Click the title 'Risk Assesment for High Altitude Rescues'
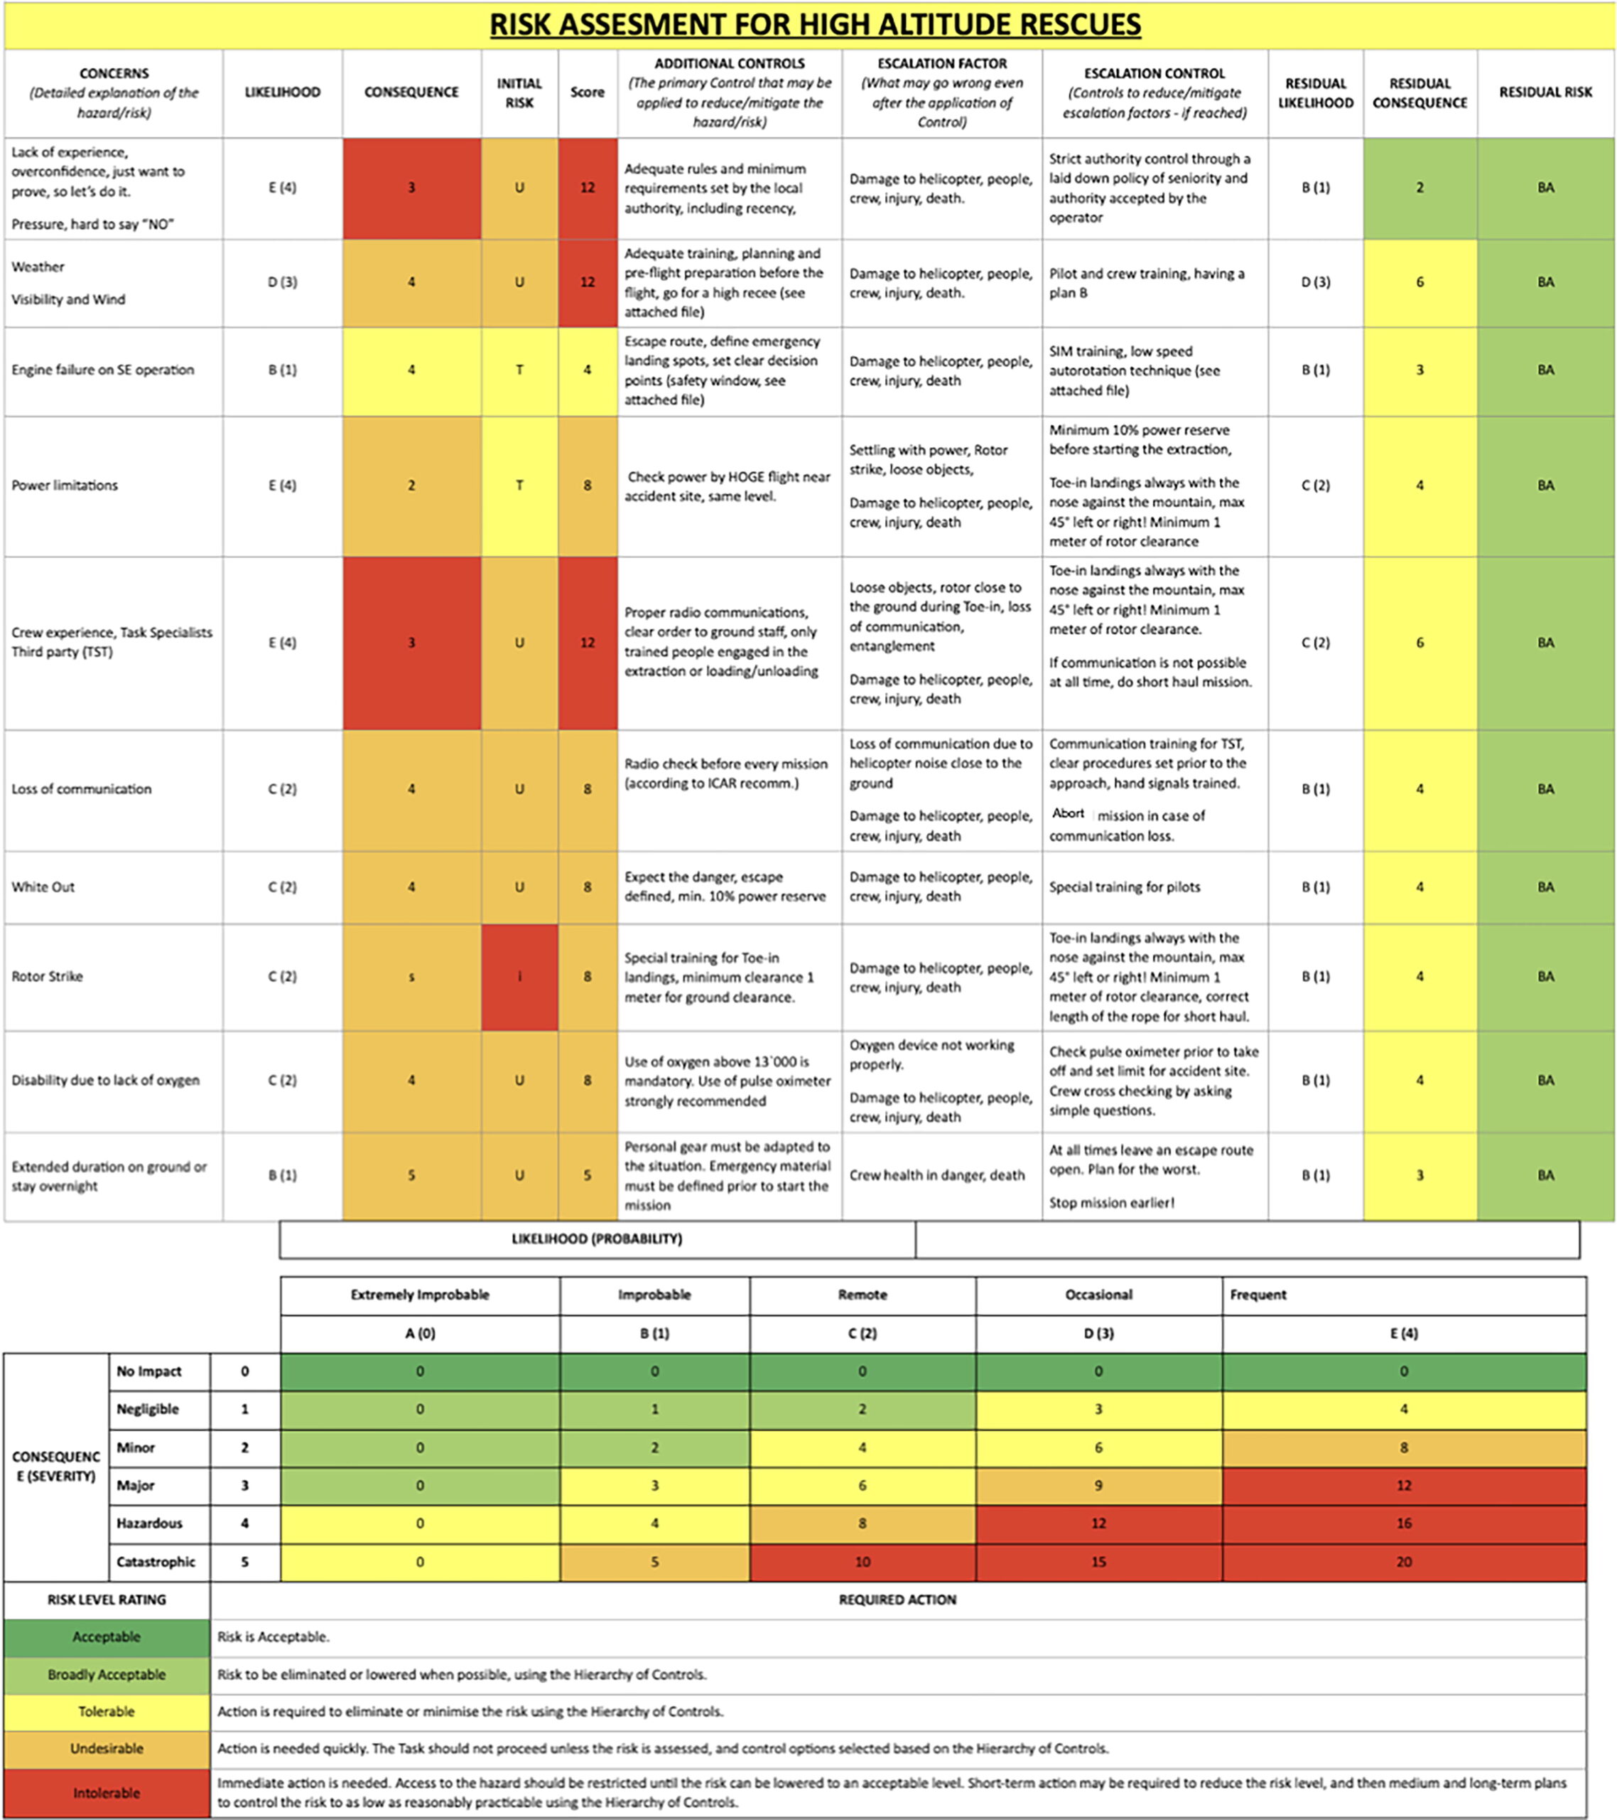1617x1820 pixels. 815,24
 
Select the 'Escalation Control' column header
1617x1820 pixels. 1154,92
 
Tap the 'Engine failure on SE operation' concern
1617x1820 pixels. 102,370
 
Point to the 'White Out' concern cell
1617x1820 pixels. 43,887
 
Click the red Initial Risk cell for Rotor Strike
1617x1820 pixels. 520,977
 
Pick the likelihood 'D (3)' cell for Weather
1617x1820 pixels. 282,282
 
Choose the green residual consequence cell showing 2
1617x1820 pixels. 1419,188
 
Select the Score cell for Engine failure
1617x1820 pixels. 588,370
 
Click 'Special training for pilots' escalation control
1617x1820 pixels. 1124,887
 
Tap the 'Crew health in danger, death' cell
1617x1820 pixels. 936,1175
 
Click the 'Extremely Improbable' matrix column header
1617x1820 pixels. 420,1295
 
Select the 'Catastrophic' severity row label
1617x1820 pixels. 156,1562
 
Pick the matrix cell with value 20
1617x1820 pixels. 1403,1562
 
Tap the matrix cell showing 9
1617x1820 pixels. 1098,1485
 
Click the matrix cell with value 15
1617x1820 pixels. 1098,1562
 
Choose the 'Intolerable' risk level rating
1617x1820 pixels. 107,1792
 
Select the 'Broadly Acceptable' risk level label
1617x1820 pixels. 107,1674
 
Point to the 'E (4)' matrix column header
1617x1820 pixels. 1403,1333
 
